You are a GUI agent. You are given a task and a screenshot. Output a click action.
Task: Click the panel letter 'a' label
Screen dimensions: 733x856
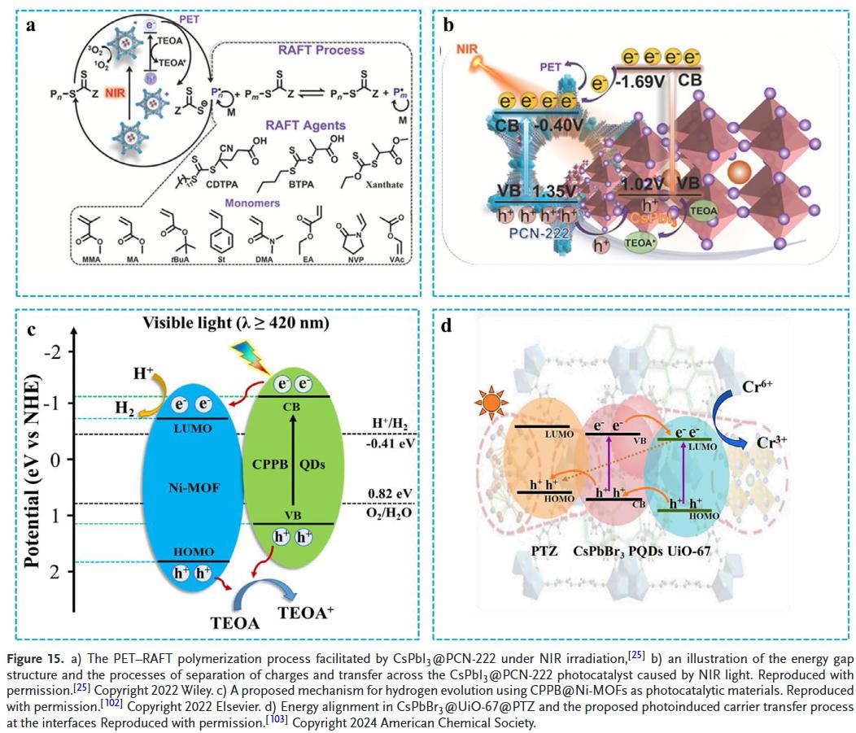(x=30, y=25)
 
